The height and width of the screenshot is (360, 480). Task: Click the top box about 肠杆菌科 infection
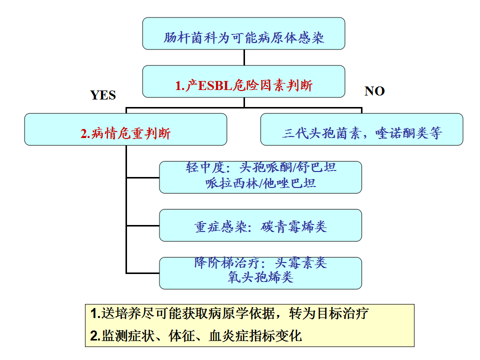(243, 33)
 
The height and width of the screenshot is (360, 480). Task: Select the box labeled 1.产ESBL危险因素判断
(243, 81)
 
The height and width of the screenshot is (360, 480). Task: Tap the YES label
(103, 95)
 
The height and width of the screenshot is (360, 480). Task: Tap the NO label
(374, 91)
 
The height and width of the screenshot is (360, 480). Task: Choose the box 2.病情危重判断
(125, 129)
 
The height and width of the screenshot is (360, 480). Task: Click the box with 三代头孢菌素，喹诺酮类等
(361, 129)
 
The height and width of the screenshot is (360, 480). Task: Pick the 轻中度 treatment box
(260, 177)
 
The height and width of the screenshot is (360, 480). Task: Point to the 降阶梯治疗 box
(260, 273)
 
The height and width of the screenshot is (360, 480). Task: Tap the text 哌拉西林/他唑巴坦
(260, 183)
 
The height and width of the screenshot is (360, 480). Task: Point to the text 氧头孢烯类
(260, 277)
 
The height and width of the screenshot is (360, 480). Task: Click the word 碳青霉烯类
(294, 227)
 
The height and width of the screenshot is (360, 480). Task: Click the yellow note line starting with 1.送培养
(229, 314)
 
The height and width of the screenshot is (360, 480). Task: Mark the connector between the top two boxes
(244, 57)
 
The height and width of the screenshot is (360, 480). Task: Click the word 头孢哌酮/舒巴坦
(288, 167)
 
